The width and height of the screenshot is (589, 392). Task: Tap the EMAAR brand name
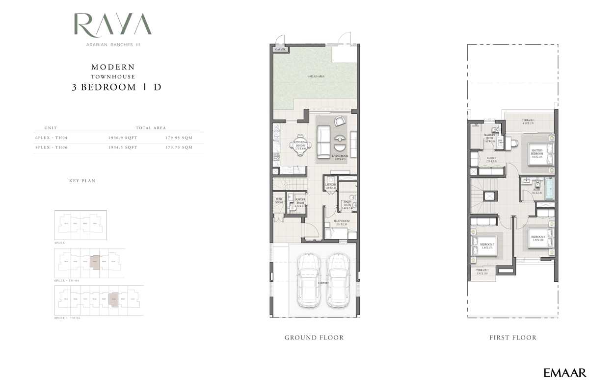[x=564, y=373]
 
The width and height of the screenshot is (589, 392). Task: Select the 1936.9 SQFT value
[x=123, y=138]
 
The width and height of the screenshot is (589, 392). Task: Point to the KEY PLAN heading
[x=82, y=181]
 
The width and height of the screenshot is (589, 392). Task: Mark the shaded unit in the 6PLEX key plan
[x=95, y=263]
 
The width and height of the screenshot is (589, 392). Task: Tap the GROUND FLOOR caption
[x=314, y=338]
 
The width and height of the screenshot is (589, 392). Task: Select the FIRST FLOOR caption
[x=512, y=338]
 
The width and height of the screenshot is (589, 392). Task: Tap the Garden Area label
[x=316, y=77]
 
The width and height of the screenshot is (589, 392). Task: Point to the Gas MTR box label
[x=281, y=50]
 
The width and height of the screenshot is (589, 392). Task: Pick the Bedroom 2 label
[x=486, y=245]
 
